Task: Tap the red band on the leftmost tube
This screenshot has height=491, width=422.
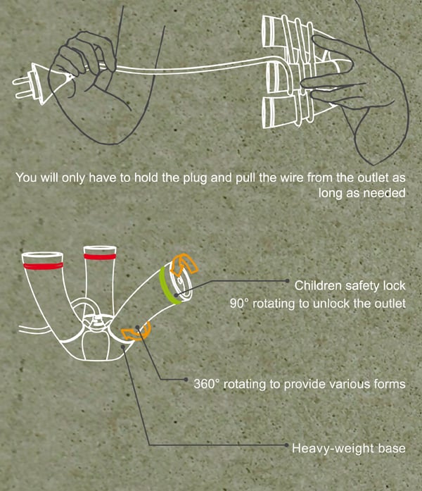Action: (x=43, y=266)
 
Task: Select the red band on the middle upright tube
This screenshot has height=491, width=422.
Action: (x=100, y=256)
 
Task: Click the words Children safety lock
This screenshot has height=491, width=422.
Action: (x=350, y=285)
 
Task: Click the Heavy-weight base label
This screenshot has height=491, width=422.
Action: (x=349, y=448)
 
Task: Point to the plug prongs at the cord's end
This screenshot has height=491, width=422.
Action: (x=23, y=84)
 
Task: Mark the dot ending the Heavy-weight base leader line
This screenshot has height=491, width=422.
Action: (x=286, y=445)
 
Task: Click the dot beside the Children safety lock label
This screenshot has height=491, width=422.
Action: (x=287, y=281)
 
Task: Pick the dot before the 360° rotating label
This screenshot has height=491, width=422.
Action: (x=186, y=380)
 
